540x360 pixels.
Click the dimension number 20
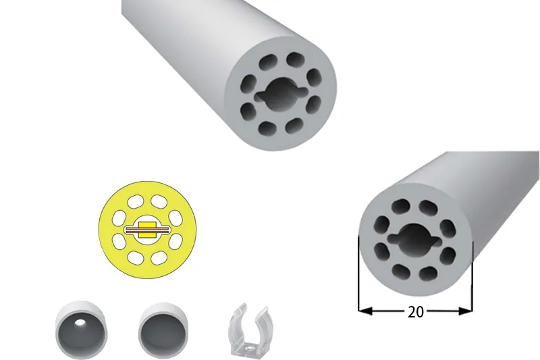pyautogui.click(x=415, y=312)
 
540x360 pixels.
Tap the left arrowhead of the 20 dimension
pyautogui.click(x=365, y=311)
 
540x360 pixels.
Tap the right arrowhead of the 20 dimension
pyautogui.click(x=466, y=311)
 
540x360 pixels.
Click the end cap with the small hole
pyautogui.click(x=81, y=330)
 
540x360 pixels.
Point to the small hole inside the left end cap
pyautogui.click(x=80, y=323)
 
